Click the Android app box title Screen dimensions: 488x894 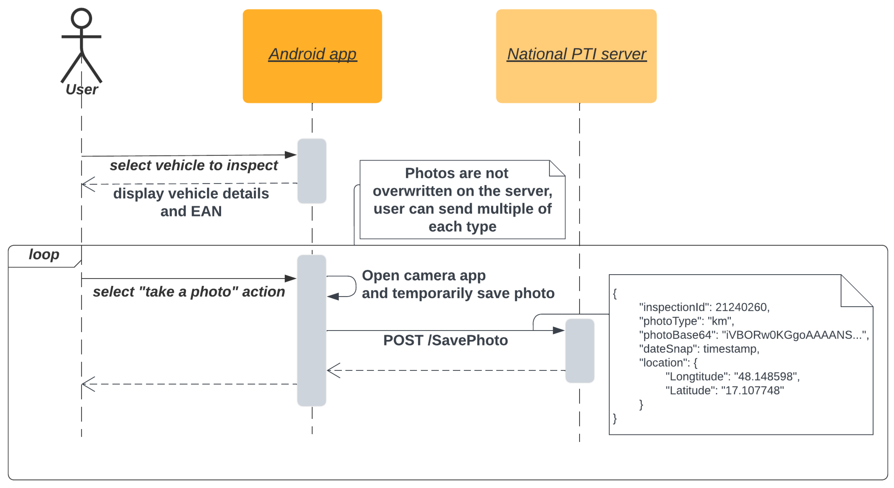[x=312, y=54]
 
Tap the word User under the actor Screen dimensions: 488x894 [x=82, y=90]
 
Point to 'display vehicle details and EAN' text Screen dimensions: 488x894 [x=191, y=202]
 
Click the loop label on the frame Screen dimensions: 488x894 [x=44, y=255]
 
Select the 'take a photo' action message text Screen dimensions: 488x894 [x=189, y=292]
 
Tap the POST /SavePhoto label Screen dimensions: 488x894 [x=445, y=340]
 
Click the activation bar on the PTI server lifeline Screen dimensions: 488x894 [x=580, y=351]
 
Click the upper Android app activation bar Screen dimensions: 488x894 [x=312, y=171]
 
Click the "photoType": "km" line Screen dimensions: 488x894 [x=686, y=321]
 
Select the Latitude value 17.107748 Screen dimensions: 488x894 [x=752, y=391]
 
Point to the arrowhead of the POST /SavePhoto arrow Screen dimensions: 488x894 [x=559, y=330]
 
